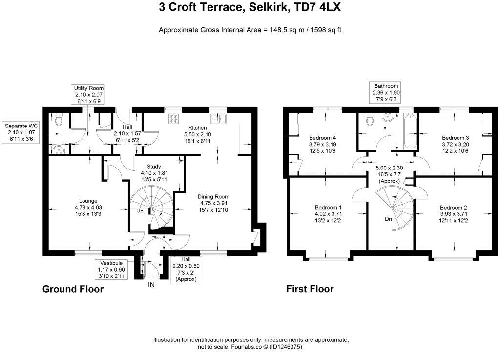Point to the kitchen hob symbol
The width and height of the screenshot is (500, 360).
pos(173,118)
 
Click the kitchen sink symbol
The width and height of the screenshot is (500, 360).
pos(218,118)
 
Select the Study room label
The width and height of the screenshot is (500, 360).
pos(154,167)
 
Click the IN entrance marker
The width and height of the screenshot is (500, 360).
pos(151,285)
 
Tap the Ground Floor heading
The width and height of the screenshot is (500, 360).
pos(73,289)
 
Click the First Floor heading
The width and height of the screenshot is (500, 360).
pos(310,289)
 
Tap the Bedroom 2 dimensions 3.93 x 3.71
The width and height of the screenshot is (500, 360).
pos(453,213)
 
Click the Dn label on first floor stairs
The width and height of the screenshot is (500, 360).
pos(389,219)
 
